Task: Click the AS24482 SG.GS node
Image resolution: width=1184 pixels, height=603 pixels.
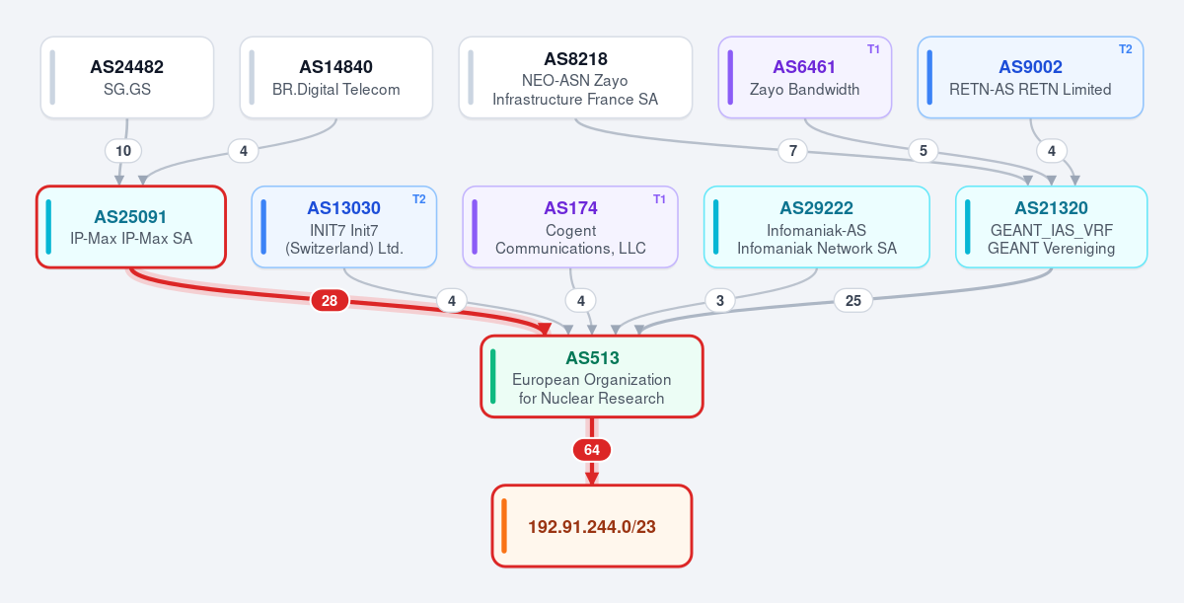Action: tap(127, 77)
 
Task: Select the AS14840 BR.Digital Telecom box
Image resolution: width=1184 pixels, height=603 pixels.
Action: tap(336, 77)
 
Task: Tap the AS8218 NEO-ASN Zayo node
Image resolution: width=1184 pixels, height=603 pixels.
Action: tap(575, 77)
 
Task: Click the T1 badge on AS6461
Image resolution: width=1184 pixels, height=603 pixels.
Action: tap(873, 49)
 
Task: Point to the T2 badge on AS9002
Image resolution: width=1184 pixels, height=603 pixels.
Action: tap(1126, 49)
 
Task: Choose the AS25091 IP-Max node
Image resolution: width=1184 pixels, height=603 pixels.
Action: tap(131, 227)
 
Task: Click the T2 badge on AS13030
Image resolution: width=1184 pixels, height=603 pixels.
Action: tap(418, 199)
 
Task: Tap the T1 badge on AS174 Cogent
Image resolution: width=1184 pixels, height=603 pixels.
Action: tap(659, 199)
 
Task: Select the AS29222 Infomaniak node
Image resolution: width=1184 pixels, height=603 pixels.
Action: tap(817, 227)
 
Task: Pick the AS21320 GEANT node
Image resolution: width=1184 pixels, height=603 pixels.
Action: tap(1052, 227)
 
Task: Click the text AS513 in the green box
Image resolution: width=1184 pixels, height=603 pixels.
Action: tap(592, 358)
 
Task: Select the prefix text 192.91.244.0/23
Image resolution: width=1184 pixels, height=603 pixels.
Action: tap(592, 526)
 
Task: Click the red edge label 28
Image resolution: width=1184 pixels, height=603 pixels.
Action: tap(330, 300)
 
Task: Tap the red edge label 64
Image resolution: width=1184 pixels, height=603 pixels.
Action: tap(591, 450)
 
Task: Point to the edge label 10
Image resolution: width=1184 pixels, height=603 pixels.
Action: tap(123, 151)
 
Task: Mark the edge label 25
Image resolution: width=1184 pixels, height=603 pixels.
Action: tap(853, 300)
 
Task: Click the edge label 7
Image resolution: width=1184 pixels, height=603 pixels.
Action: tap(793, 151)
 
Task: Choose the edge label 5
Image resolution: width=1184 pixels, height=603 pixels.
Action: tap(924, 151)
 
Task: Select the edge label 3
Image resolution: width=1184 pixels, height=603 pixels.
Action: tap(720, 300)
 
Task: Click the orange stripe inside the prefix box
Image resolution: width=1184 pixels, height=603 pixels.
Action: tap(504, 526)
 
